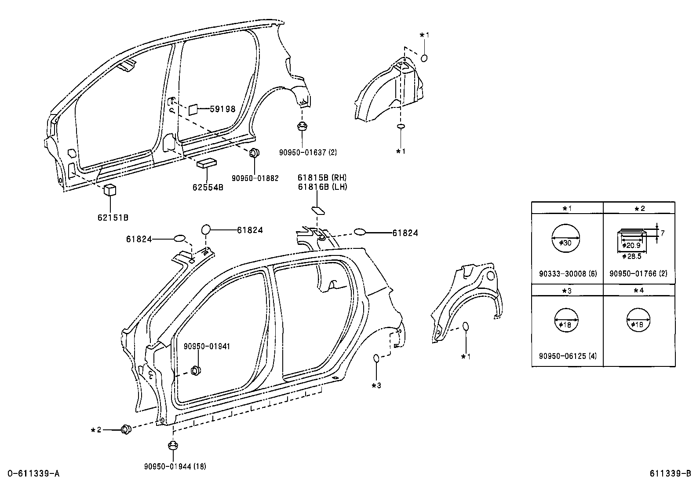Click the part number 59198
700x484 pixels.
(222, 109)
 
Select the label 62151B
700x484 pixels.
(113, 217)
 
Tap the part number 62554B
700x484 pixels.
(208, 187)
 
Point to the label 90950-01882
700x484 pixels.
(255, 178)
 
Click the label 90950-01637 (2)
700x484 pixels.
(308, 152)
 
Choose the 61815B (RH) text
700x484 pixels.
(322, 177)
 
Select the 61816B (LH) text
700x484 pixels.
(322, 186)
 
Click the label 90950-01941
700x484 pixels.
(207, 347)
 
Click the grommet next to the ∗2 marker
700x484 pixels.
(125, 429)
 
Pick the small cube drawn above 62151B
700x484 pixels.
(109, 190)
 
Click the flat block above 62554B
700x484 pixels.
(208, 163)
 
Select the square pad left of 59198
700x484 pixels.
(193, 110)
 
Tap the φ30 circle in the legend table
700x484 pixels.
(565, 238)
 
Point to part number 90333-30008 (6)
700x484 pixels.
(567, 273)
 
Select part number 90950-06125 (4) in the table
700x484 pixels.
(567, 356)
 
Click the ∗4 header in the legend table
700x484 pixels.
(639, 290)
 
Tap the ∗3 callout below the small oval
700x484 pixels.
(376, 386)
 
